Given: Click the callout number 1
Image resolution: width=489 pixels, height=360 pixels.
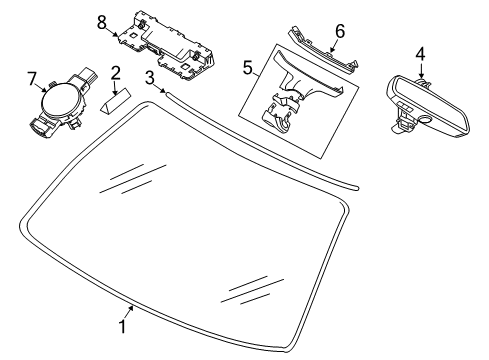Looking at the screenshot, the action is pyautogui.click(x=123, y=326).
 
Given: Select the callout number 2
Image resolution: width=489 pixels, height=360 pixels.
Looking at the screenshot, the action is pyautogui.click(x=115, y=73).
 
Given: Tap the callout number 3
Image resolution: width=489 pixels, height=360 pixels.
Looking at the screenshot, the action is pyautogui.click(x=150, y=78).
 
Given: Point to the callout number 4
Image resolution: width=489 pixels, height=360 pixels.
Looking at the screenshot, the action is pyautogui.click(x=421, y=54).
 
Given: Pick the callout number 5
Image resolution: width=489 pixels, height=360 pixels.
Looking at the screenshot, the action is pyautogui.click(x=248, y=68).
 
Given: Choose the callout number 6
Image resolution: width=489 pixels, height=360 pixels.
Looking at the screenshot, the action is pyautogui.click(x=340, y=31).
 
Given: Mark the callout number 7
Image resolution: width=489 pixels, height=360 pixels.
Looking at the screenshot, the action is pyautogui.click(x=32, y=79).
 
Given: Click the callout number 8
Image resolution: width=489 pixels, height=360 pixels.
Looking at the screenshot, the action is pyautogui.click(x=102, y=23).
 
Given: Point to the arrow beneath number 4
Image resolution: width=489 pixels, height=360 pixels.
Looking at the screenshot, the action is pyautogui.click(x=421, y=71).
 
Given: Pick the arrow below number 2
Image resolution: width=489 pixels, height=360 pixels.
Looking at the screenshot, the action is pyautogui.click(x=115, y=88).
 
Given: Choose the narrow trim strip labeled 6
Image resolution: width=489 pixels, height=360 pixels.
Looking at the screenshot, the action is pyautogui.click(x=323, y=49).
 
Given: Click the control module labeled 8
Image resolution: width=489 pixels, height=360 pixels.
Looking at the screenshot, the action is pyautogui.click(x=166, y=46).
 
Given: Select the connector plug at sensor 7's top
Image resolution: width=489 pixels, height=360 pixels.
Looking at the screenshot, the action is pyautogui.click(x=89, y=75).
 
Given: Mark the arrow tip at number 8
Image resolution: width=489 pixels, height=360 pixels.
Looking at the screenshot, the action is pyautogui.click(x=117, y=34).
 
